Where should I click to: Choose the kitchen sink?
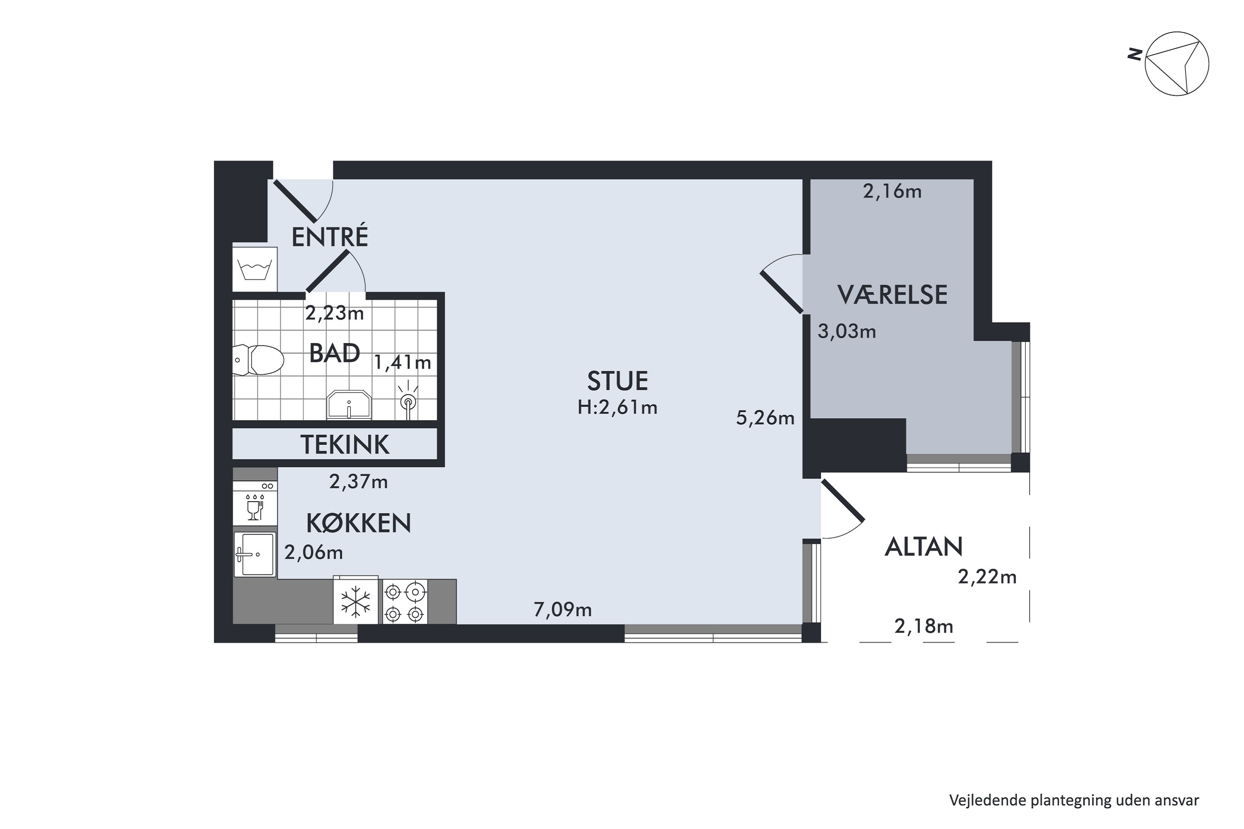(x=255, y=554)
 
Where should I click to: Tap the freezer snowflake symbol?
(x=355, y=602)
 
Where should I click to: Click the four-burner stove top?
(x=405, y=602)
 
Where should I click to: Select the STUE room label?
(x=617, y=381)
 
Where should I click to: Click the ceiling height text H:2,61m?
(x=617, y=407)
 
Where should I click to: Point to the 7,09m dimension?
(x=562, y=610)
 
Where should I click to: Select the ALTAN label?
(x=923, y=547)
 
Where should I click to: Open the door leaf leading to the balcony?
(x=843, y=501)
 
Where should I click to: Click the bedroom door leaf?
(x=782, y=292)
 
